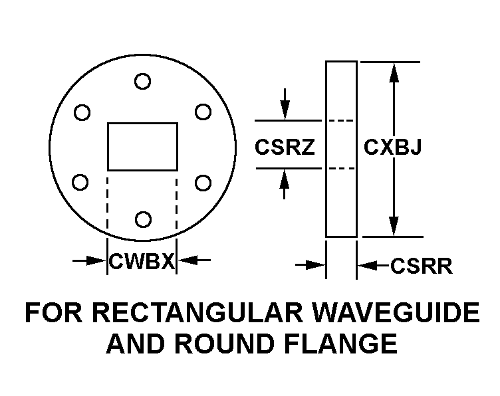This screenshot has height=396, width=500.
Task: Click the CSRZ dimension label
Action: click(285, 147)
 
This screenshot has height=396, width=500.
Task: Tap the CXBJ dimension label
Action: click(392, 147)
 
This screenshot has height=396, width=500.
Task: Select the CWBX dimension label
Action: click(142, 262)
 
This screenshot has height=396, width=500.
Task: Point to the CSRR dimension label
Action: click(422, 266)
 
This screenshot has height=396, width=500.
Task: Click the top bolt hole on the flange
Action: click(142, 81)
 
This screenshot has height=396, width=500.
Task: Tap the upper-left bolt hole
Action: click(82, 113)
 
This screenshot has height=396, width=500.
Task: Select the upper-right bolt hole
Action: click(203, 113)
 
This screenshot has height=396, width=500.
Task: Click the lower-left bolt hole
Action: click(80, 181)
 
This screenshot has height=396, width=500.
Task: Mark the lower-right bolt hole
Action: click(203, 182)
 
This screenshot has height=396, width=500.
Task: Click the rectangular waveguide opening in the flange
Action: click(142, 146)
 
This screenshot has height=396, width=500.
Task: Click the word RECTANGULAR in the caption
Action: click(187, 313)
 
